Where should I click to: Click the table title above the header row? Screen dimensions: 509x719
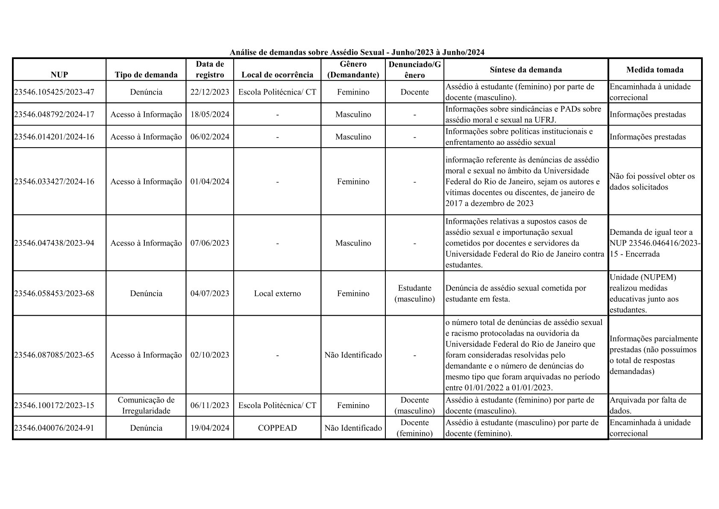coord(357,52)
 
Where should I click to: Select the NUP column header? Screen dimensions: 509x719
coord(59,75)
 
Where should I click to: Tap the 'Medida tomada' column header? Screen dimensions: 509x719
coord(654,70)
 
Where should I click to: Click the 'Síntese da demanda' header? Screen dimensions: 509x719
coord(525,70)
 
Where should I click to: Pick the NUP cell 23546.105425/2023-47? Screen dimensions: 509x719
coord(54,92)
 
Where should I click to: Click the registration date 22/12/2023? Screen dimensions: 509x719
coord(210,92)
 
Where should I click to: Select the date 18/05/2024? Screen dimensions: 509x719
coord(210,114)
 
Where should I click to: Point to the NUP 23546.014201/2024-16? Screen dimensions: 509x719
coord(54,137)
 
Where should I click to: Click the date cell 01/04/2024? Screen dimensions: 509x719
coord(210,181)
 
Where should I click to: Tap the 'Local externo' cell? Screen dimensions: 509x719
coord(277,293)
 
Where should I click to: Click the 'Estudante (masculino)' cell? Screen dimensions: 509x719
coord(414,293)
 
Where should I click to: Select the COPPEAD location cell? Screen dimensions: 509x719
coord(277,428)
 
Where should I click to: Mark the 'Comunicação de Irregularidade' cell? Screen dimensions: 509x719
coord(146,405)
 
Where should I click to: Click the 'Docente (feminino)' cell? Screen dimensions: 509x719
coord(414,428)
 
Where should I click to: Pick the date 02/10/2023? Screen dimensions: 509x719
coord(210,355)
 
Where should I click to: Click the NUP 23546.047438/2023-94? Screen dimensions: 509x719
coord(54,243)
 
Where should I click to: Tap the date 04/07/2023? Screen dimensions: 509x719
coord(210,293)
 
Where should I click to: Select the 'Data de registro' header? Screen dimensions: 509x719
coord(210,69)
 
